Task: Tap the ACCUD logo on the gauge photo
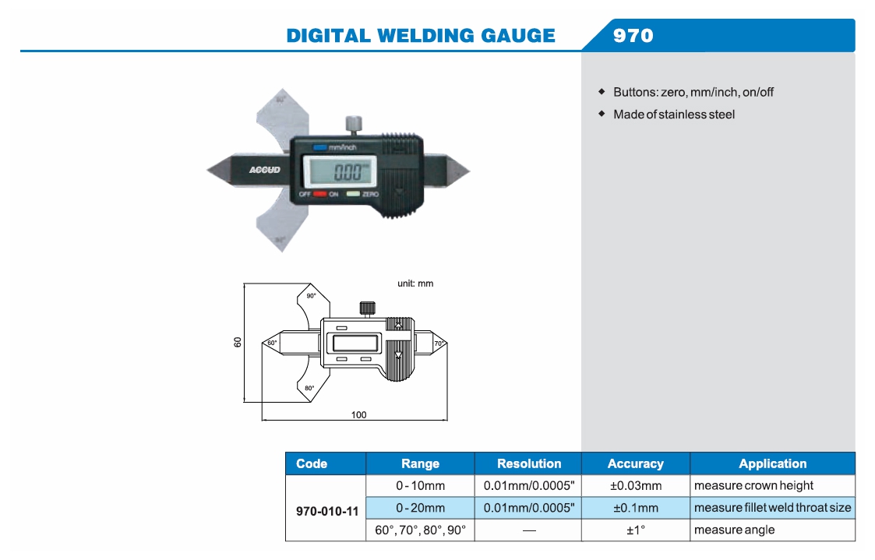[x=265, y=170]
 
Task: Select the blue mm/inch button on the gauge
[x=320, y=146]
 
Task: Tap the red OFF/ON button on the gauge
[x=319, y=193]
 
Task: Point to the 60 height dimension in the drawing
[x=238, y=342]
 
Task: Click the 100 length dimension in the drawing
[x=358, y=415]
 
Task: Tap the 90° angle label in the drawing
[x=311, y=296]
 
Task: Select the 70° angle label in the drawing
[x=438, y=343]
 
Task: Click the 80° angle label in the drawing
[x=309, y=388]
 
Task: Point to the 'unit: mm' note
[x=415, y=284]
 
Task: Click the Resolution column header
[x=528, y=463]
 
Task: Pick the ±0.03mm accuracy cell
[x=635, y=486]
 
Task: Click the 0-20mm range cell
[x=420, y=508]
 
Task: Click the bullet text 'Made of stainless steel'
[x=673, y=114]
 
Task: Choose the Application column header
[x=772, y=463]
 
